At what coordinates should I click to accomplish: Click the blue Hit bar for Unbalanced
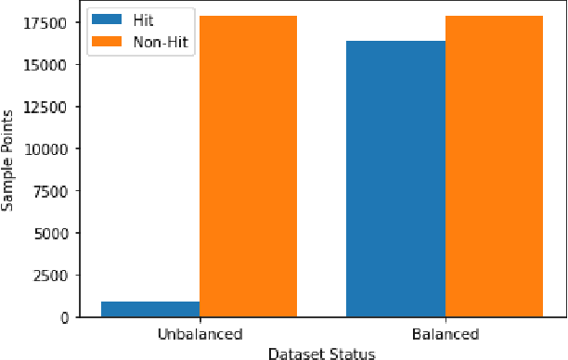[150, 309]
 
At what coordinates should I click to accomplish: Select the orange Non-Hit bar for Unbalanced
[248, 166]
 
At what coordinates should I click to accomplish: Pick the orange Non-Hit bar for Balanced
[494, 166]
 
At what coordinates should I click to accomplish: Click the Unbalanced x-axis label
[200, 334]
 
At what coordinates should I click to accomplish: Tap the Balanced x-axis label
[445, 334]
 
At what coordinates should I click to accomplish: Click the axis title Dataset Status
[321, 353]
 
